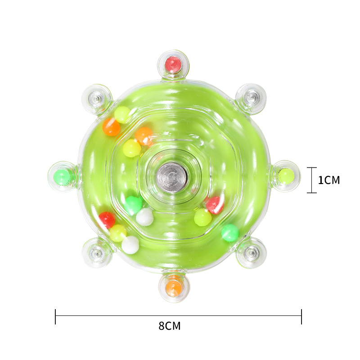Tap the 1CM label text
pyautogui.click(x=328, y=180)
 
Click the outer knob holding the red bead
pyautogui.click(x=173, y=64)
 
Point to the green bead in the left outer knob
pyautogui.click(x=62, y=176)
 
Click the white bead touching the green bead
pyautogui.click(x=144, y=216)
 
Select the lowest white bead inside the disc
pyautogui.click(x=130, y=245)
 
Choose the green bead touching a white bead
pyautogui.click(x=133, y=205)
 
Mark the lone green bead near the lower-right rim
pyautogui.click(x=230, y=233)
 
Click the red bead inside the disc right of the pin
pyautogui.click(x=214, y=205)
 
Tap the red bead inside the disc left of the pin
pyautogui.click(x=107, y=220)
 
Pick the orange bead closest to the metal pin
pyautogui.click(x=144, y=135)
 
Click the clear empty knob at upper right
pyautogui.click(x=251, y=97)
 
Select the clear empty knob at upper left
pyautogui.click(x=96, y=98)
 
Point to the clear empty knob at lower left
pyautogui.click(x=96, y=253)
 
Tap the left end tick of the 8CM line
pyautogui.click(x=55, y=316)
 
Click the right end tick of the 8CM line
pyautogui.click(x=301, y=316)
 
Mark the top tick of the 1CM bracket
pyautogui.click(x=312, y=167)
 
